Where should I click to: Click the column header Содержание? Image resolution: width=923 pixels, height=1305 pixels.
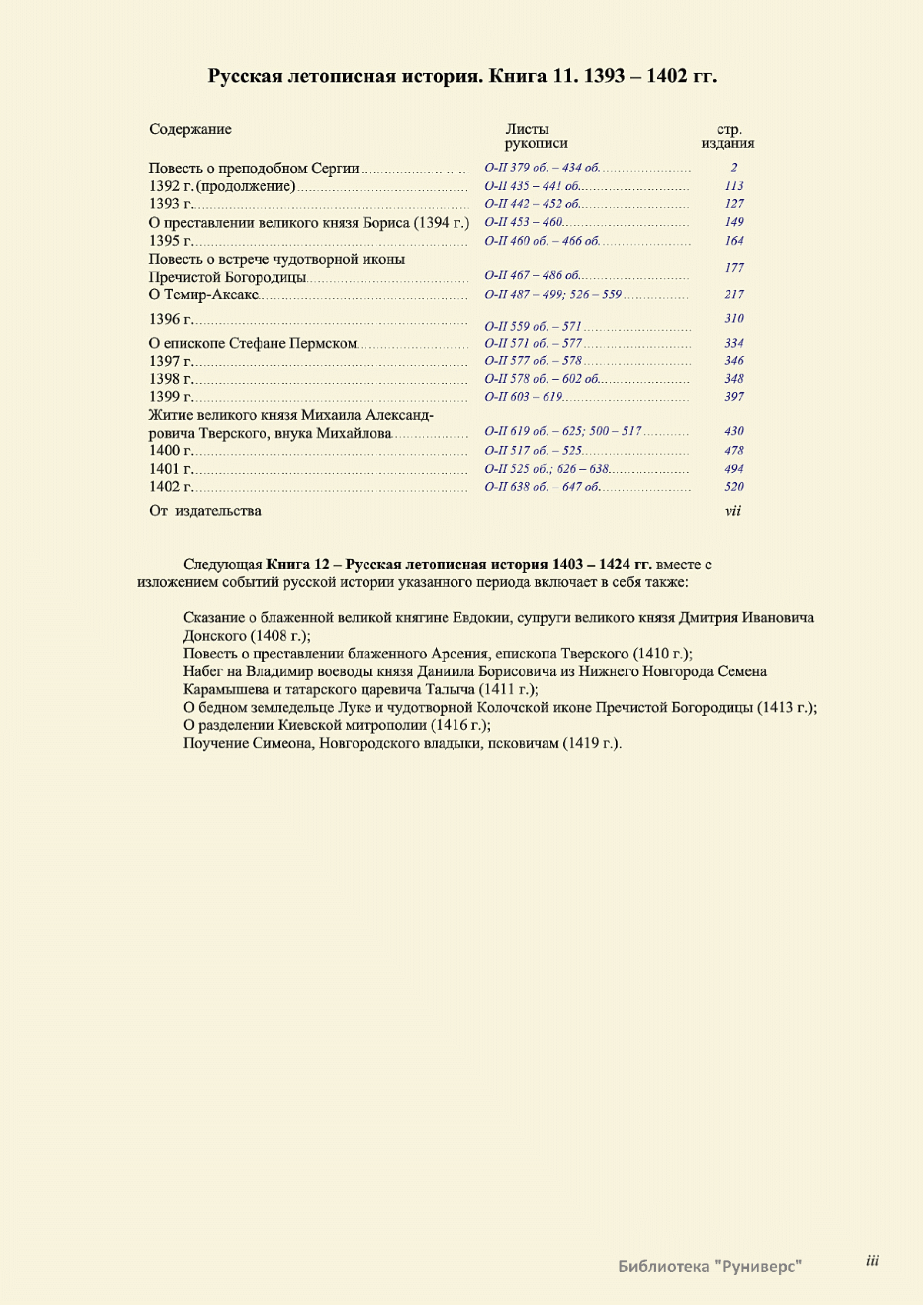[190, 129]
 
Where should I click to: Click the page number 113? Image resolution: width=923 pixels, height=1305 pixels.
[734, 185]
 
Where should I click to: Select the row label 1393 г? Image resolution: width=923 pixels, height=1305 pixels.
[170, 204]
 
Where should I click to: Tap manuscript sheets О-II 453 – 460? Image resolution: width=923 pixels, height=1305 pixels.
[523, 222]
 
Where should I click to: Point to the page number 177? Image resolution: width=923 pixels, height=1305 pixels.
[734, 268]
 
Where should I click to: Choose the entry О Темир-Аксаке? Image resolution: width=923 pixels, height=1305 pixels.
[203, 295]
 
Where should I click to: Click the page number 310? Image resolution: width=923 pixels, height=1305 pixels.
[734, 318]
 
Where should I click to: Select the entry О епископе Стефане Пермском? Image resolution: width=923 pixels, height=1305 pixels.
[253, 344]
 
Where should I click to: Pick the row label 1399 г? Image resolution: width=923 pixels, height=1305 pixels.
[170, 397]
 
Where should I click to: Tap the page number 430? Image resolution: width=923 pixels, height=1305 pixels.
[734, 431]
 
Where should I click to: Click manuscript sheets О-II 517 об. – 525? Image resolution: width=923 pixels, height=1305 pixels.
[533, 451]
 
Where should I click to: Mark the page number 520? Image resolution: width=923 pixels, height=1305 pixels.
[734, 487]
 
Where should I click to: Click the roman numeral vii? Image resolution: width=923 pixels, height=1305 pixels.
[733, 511]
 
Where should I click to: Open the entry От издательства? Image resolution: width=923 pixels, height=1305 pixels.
[205, 511]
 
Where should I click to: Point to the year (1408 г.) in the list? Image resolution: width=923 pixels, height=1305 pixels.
[281, 636]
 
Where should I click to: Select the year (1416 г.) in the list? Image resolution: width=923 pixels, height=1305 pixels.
[461, 725]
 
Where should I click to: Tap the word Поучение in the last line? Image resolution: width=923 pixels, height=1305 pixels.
[216, 744]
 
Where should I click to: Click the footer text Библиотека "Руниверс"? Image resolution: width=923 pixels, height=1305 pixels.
[710, 1267]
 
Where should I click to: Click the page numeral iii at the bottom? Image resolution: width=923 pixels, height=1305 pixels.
[872, 1260]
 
